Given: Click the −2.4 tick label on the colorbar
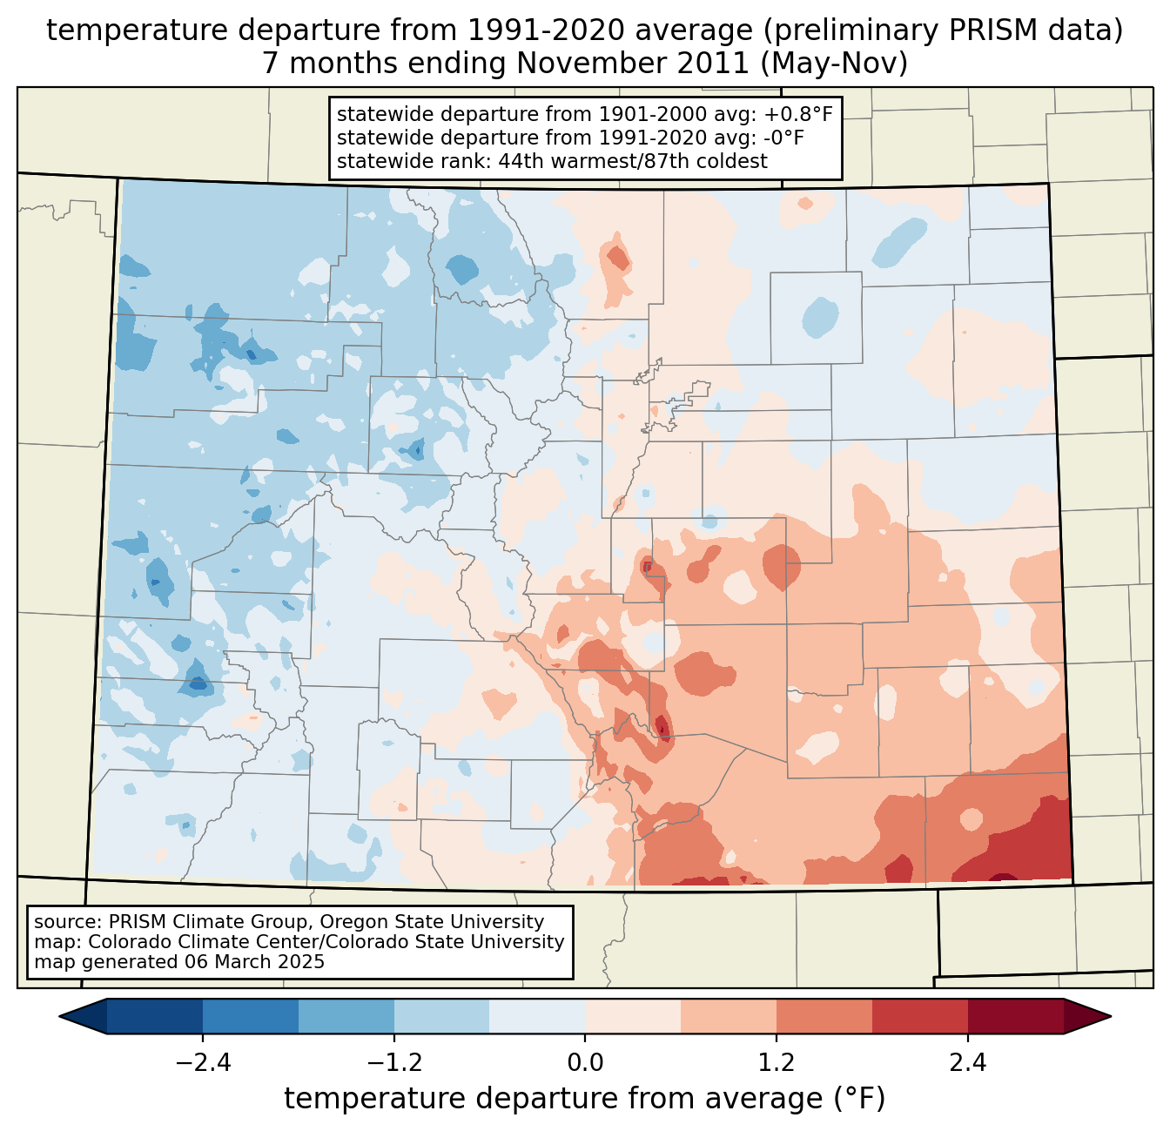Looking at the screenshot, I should coord(203,1063).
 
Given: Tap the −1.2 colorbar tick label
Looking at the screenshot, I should coord(393,1063).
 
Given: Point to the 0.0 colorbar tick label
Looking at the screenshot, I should coord(585,1063).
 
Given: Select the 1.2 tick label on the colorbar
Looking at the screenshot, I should coord(777,1063).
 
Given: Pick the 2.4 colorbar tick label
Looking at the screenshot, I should coord(967,1063).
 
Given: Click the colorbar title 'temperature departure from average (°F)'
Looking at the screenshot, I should coord(585,1098).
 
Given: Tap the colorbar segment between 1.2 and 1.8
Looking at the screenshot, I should coord(824,1016).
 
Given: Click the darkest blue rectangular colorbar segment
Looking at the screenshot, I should coord(155,1016).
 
